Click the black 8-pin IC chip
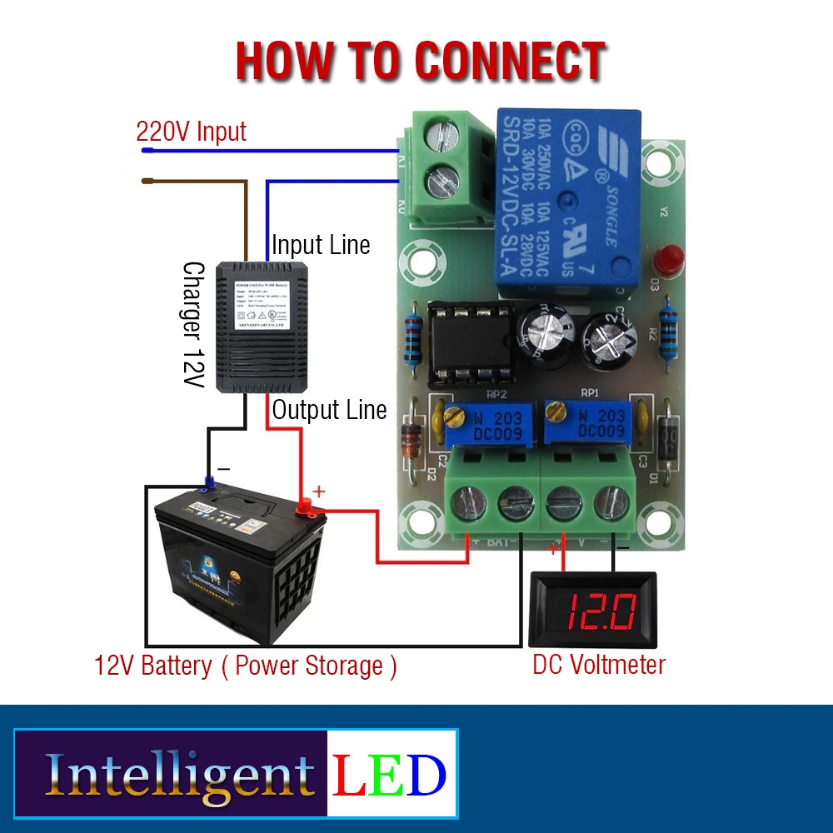click(469, 343)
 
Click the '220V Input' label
click(192, 132)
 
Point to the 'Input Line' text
click(321, 246)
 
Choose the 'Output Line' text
click(329, 410)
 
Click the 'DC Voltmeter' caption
click(598, 665)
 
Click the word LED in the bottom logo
click(390, 775)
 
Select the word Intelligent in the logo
click(180, 775)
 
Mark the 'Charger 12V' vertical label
click(194, 325)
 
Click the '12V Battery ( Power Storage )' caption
click(246, 666)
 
